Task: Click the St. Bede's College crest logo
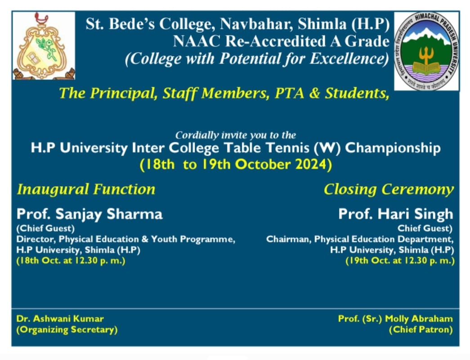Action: coord(44,46)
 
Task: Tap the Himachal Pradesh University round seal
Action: coord(426,51)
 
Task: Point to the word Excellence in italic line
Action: coord(349,59)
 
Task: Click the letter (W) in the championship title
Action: coord(327,148)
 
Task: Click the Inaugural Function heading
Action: coord(86,189)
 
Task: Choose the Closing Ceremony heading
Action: coord(389,190)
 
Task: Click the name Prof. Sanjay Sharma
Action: coord(90,214)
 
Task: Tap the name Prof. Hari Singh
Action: coord(396,214)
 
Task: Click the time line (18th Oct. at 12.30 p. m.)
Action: coord(71,261)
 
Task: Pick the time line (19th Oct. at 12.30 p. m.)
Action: coord(400,261)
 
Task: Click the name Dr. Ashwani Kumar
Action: coord(60,318)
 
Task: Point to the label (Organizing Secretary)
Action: coord(67,330)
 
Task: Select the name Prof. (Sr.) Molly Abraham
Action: coord(395,319)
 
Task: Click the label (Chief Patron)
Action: coord(421,330)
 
